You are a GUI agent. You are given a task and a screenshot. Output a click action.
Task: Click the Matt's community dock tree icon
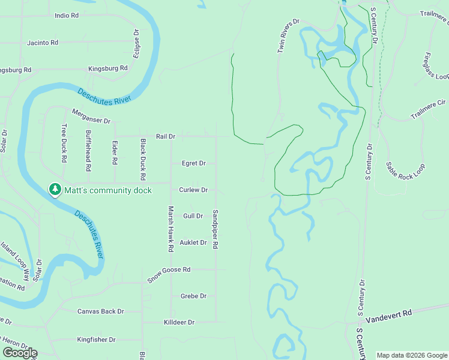coord(55,190)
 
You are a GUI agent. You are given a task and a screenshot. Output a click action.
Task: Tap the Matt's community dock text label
coord(108,190)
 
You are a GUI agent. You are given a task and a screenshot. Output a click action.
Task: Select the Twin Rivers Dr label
coord(288,36)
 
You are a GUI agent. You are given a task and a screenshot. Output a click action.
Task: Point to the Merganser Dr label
coord(91,116)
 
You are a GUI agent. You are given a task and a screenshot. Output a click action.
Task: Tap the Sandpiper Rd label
coord(215,229)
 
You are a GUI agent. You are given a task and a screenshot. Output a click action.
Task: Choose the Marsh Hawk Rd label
coord(170,229)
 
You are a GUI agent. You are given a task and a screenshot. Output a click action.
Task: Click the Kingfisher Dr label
coord(96,340)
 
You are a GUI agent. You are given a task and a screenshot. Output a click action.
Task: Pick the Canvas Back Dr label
coord(100,311)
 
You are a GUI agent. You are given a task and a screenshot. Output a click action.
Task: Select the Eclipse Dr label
coord(136,44)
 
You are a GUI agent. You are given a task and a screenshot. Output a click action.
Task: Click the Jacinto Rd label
coord(43,43)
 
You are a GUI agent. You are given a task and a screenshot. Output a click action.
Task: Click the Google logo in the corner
coord(19,353)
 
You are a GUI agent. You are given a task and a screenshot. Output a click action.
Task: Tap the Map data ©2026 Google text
coord(412,355)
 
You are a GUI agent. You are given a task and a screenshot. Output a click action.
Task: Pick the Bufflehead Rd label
coord(89,148)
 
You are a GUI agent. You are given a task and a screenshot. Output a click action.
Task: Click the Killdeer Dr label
coord(179,322)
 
